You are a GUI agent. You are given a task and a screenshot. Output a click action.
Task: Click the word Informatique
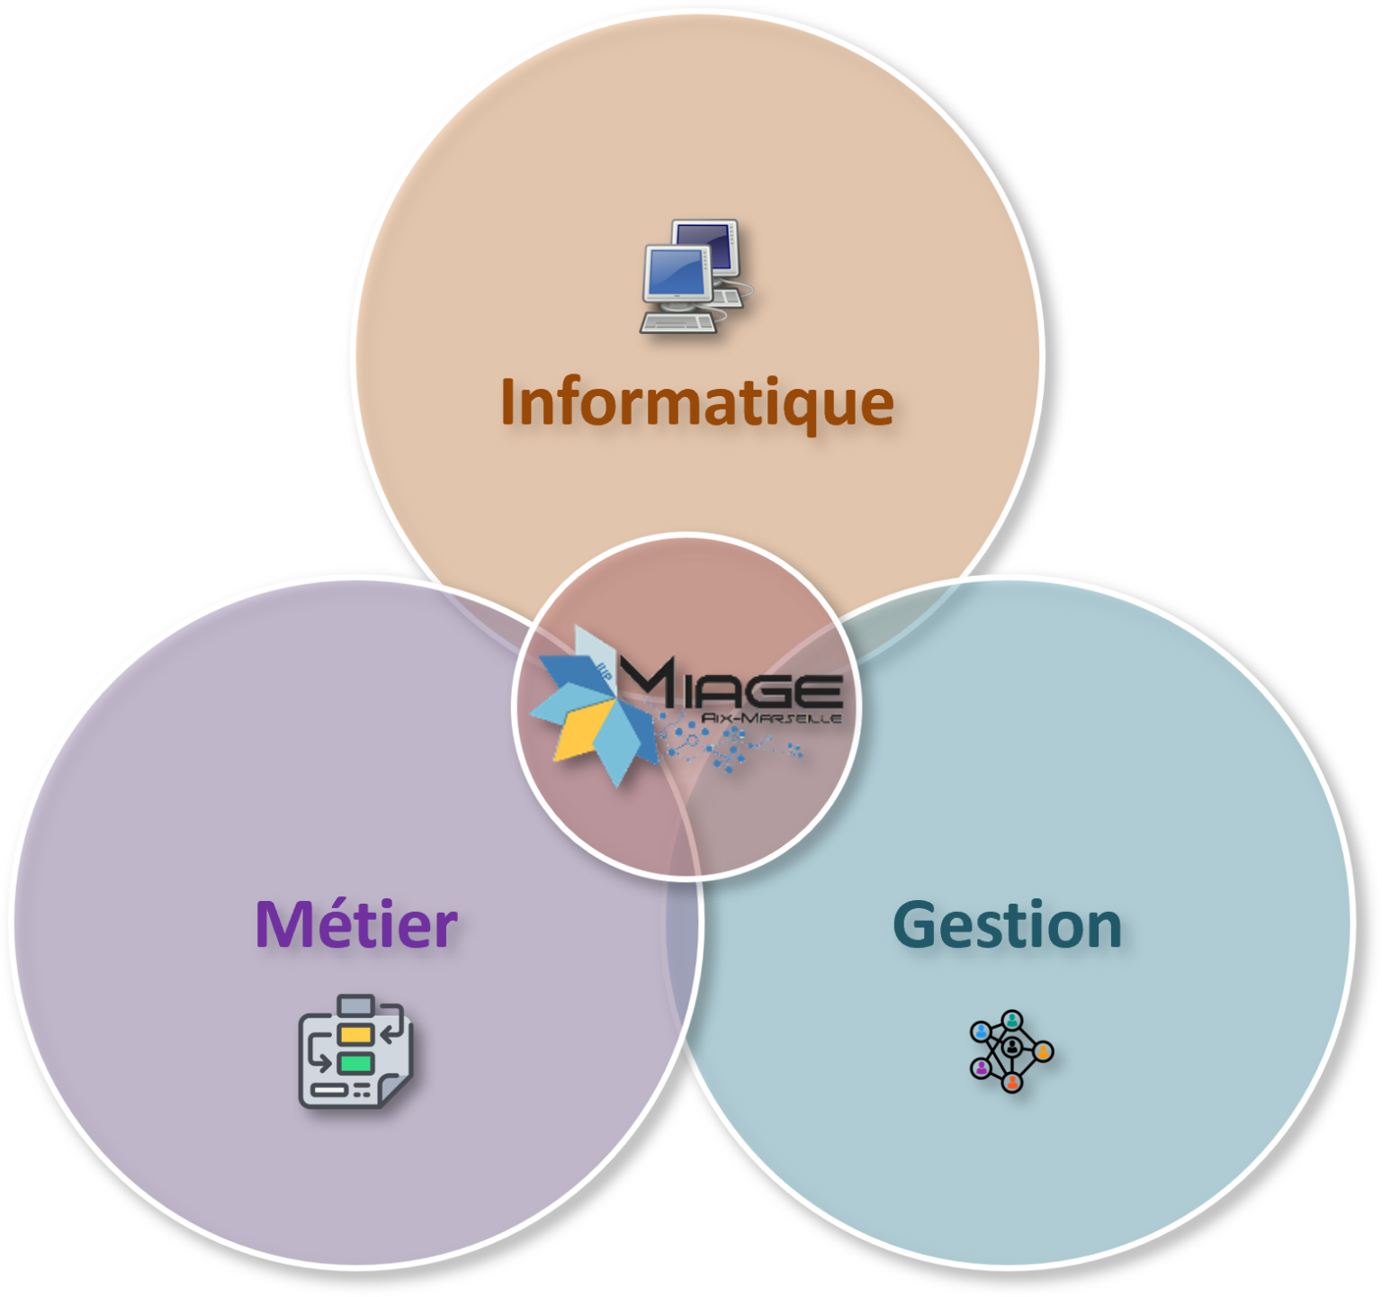point(697,402)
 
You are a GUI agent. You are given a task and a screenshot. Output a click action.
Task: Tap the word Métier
point(356,924)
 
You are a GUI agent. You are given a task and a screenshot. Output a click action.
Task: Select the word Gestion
point(1007,925)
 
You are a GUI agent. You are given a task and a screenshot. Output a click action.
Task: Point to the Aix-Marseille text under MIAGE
point(772,718)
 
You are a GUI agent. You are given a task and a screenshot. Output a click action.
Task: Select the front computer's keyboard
point(679,322)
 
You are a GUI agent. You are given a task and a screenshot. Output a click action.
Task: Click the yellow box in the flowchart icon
point(355,1034)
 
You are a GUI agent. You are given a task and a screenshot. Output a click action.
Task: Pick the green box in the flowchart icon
point(355,1063)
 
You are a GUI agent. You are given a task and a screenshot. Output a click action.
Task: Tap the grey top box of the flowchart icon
point(355,1004)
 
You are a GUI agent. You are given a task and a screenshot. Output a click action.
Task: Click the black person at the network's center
point(1011,1047)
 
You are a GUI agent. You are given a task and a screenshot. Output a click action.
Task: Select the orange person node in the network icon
point(1043,1050)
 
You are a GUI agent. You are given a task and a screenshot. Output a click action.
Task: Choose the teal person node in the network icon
point(1012,1020)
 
